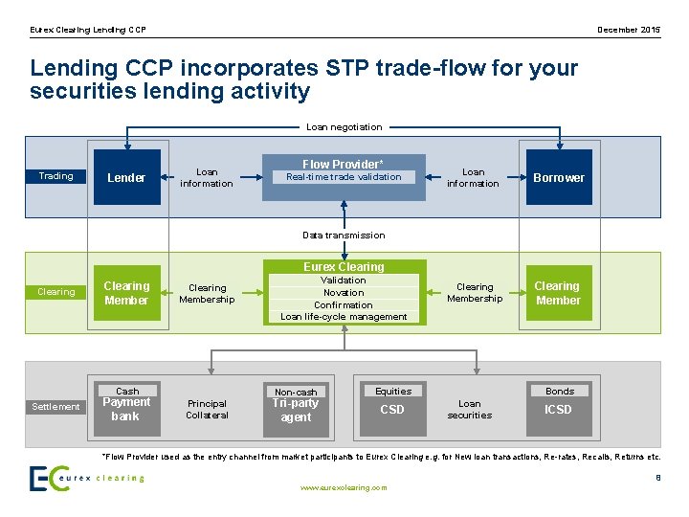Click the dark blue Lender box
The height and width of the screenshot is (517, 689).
pos(126,177)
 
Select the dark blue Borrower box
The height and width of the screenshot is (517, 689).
pos(559,177)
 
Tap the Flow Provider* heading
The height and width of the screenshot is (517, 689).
pos(344,164)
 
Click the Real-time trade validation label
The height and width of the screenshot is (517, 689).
pos(344,177)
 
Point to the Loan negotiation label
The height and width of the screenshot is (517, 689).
pos(344,126)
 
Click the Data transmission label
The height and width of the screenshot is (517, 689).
pos(344,235)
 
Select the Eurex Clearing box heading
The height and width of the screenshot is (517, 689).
pos(344,266)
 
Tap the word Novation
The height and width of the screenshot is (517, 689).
pos(344,293)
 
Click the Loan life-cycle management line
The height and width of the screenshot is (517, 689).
pos(344,317)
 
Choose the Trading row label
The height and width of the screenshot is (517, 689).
pos(56,176)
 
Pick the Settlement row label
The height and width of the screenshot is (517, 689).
pos(56,407)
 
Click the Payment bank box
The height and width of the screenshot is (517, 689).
pos(126,410)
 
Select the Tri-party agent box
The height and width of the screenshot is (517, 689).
pos(296,410)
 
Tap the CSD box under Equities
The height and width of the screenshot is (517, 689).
pos(392,410)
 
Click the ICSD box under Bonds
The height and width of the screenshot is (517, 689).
pos(559,410)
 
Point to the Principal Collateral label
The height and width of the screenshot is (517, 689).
pos(207,410)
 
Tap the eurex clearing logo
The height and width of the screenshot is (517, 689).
pos(86,478)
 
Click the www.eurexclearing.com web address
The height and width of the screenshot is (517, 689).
pos(344,487)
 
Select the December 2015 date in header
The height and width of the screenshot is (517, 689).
pos(629,31)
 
